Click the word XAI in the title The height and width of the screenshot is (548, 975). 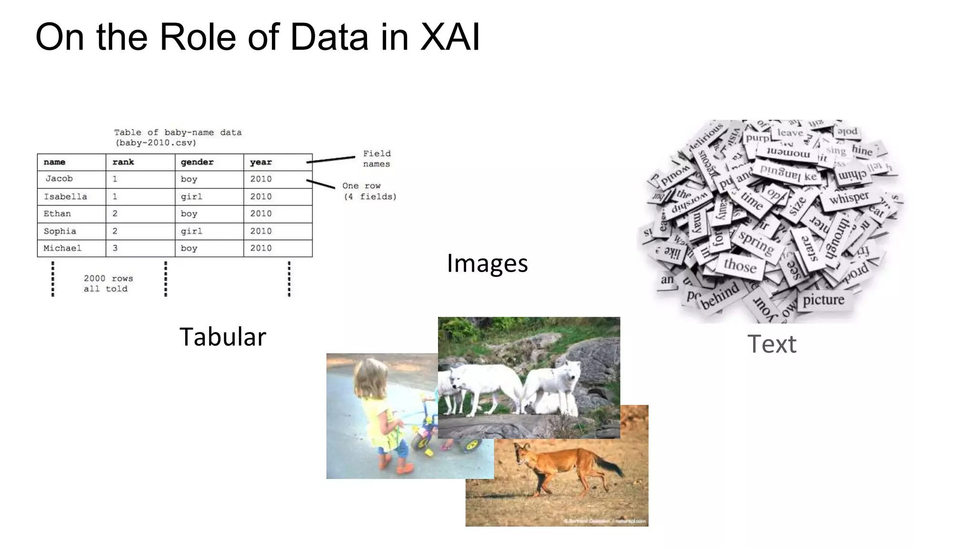point(450,37)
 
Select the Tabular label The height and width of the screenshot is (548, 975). point(222,337)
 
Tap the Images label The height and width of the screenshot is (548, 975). point(487,263)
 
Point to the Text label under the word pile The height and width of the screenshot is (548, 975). point(771,344)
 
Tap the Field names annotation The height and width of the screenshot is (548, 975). point(377,159)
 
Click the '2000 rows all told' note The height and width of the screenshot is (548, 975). point(108,284)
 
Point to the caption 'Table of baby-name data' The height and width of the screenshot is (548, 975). point(178,132)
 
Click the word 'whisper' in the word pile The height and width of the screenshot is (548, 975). point(849,197)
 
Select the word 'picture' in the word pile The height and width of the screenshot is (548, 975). point(824,300)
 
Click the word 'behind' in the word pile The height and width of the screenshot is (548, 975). point(720,294)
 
